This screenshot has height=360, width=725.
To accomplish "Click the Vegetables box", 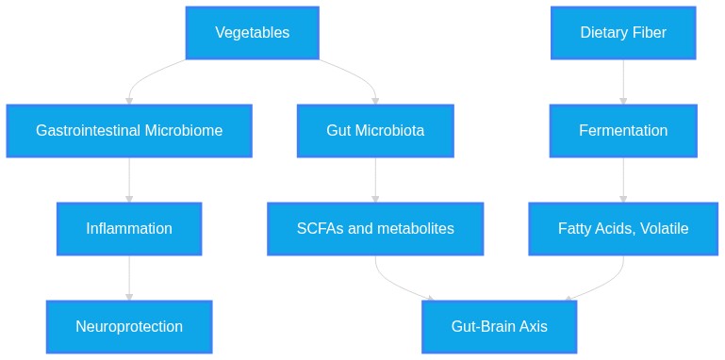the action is pos(253,33).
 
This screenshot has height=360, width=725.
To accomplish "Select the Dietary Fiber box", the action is pos(623,33).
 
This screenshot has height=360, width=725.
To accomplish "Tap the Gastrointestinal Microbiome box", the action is pos(129,131).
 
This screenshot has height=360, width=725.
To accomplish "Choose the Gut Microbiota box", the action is pos(375,131).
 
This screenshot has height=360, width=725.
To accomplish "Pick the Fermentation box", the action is pos(623,131).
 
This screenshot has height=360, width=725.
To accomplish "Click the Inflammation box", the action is pos(129,229).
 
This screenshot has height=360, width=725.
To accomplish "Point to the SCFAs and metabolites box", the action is pos(375,229).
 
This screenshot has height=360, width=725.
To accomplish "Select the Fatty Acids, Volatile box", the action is pos(623,229).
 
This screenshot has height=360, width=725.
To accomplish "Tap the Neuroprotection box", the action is pos(129,327).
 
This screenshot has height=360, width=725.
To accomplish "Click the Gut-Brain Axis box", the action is pos(500,327).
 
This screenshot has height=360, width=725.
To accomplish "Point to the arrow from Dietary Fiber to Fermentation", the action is pos(623,82).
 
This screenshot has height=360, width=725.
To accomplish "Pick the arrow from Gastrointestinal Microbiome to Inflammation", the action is pos(129,180).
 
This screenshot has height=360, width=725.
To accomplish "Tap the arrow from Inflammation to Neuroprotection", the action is pos(129,278).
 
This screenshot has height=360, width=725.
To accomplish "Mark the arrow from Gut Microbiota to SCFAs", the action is pos(375,180).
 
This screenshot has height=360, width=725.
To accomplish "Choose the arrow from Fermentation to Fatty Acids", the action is pos(623,180).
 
